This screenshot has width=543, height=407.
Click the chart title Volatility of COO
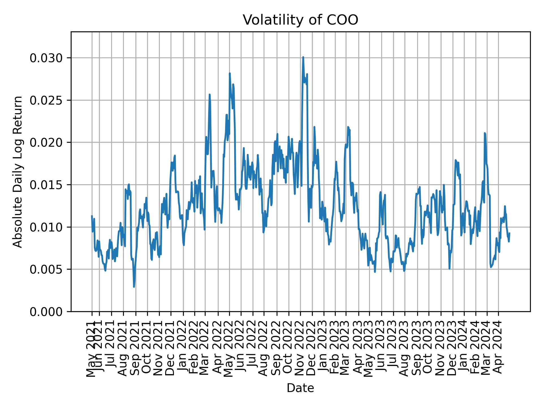[300, 20]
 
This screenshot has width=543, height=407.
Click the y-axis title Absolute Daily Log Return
[18, 172]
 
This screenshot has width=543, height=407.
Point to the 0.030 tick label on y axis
[46, 58]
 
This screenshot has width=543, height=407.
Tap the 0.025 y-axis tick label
[46, 100]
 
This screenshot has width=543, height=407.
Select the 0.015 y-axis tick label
[46, 185]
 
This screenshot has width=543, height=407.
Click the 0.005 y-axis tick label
[46, 269]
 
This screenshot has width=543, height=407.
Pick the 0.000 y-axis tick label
[46, 311]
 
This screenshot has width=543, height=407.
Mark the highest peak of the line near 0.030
[303, 57]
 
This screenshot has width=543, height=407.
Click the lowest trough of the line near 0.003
[134, 287]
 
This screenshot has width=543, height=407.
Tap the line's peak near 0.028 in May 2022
[230, 73]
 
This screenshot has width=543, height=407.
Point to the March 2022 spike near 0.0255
[210, 95]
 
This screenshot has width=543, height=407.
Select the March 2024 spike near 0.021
[484, 133]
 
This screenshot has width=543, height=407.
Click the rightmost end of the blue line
[509, 233]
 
